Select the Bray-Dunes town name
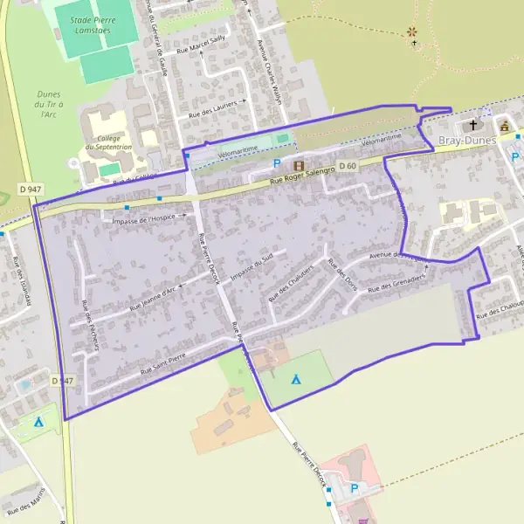point(466,140)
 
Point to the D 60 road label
point(347,166)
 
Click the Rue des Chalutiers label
point(291,282)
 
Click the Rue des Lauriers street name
point(213,107)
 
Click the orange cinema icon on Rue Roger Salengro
point(300,164)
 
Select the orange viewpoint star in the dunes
point(412,32)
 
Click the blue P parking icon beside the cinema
point(278,163)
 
